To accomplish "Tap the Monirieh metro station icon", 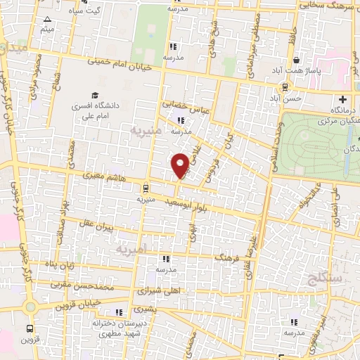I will click(145, 188).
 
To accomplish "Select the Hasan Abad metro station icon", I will click(285, 87).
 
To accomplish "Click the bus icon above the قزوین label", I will click(30, 328).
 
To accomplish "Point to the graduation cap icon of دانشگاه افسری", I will click(94, 95).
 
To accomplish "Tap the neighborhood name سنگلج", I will click(323, 279).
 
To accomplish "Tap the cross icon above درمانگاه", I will click(343, 99).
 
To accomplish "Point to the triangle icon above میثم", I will click(47, 19).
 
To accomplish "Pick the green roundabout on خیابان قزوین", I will click(30, 307).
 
